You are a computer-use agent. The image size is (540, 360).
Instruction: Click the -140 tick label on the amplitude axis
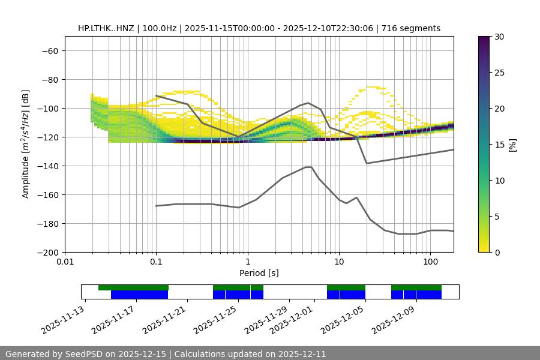[x=49, y=166]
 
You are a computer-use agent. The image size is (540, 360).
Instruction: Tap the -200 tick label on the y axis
[x=49, y=252]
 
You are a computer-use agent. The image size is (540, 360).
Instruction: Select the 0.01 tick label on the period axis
[x=65, y=262]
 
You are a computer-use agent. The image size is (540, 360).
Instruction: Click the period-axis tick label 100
[x=430, y=262]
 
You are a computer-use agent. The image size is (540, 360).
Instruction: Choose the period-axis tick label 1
[x=247, y=262]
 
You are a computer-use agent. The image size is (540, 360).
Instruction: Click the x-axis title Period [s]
[x=259, y=273]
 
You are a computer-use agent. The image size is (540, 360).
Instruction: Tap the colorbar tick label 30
[x=499, y=37]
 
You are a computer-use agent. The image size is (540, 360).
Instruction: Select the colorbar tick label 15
[x=499, y=145]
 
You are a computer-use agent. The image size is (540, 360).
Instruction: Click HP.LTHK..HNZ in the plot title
[x=106, y=28]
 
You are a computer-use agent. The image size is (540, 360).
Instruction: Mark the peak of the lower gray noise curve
[x=308, y=167]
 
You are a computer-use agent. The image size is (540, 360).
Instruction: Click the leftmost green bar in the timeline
[x=133, y=287]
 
